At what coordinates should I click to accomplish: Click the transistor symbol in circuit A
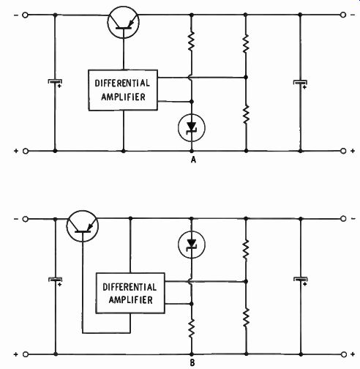pos(123,22)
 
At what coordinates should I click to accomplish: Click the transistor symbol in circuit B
pos(83,226)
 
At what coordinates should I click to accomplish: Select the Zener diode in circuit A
pos(192,128)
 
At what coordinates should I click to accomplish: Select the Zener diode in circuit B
pos(192,245)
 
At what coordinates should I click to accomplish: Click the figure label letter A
pos(193,160)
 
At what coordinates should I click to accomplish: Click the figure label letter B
pos(192,363)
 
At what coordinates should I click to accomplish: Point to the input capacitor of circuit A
pos(55,83)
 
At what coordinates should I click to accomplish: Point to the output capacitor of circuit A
pos(300,83)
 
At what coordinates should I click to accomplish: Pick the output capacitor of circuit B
pos(301,280)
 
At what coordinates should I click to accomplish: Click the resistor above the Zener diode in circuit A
pos(192,41)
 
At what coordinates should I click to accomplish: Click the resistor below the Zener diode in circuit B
pos(192,328)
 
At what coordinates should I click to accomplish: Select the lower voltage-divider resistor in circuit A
pos(246,114)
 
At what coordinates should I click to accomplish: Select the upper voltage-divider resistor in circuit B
pos(246,249)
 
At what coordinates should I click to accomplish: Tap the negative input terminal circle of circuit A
pos(25,15)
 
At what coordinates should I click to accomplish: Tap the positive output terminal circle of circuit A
pos(343,151)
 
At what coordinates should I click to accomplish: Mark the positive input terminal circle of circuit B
pos(26,354)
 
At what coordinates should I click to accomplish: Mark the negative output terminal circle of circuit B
pos(343,219)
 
